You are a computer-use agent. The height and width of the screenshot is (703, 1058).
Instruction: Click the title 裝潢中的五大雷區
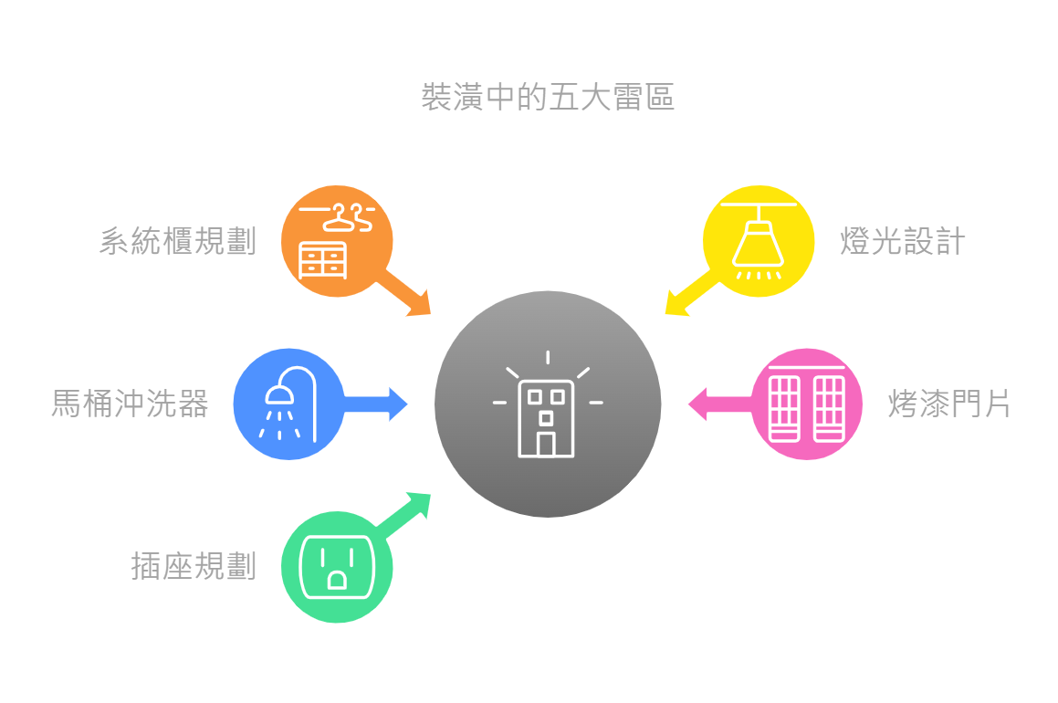click(548, 97)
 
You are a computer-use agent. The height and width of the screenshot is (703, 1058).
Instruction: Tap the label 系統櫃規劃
click(178, 242)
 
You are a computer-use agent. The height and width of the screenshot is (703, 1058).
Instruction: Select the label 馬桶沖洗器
click(130, 404)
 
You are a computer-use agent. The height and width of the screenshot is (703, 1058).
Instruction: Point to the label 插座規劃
click(194, 567)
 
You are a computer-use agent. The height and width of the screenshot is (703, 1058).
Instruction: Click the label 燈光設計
click(902, 242)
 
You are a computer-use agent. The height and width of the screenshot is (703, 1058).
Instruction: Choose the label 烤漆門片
click(949, 404)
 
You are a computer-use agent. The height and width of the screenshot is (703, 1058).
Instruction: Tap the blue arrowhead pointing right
click(399, 404)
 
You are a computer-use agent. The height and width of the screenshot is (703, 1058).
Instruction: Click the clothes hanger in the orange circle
click(350, 217)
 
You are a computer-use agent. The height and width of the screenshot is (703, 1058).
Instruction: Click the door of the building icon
click(547, 444)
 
